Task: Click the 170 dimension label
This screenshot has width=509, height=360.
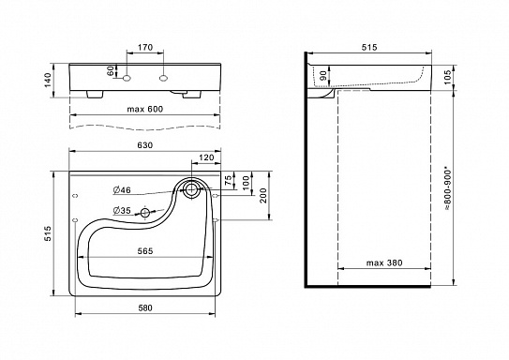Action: (145, 48)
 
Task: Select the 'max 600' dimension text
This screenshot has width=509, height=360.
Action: (144, 109)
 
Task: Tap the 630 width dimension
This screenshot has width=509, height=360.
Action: (144, 145)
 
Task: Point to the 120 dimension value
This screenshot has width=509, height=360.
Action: (206, 157)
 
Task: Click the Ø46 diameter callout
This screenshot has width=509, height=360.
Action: (122, 190)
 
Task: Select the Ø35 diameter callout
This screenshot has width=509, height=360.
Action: (122, 211)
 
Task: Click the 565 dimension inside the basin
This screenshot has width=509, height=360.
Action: (144, 251)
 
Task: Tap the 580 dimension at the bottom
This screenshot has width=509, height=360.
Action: (144, 307)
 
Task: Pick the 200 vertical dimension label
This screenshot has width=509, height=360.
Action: (263, 195)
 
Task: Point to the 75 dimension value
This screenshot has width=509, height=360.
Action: (229, 181)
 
